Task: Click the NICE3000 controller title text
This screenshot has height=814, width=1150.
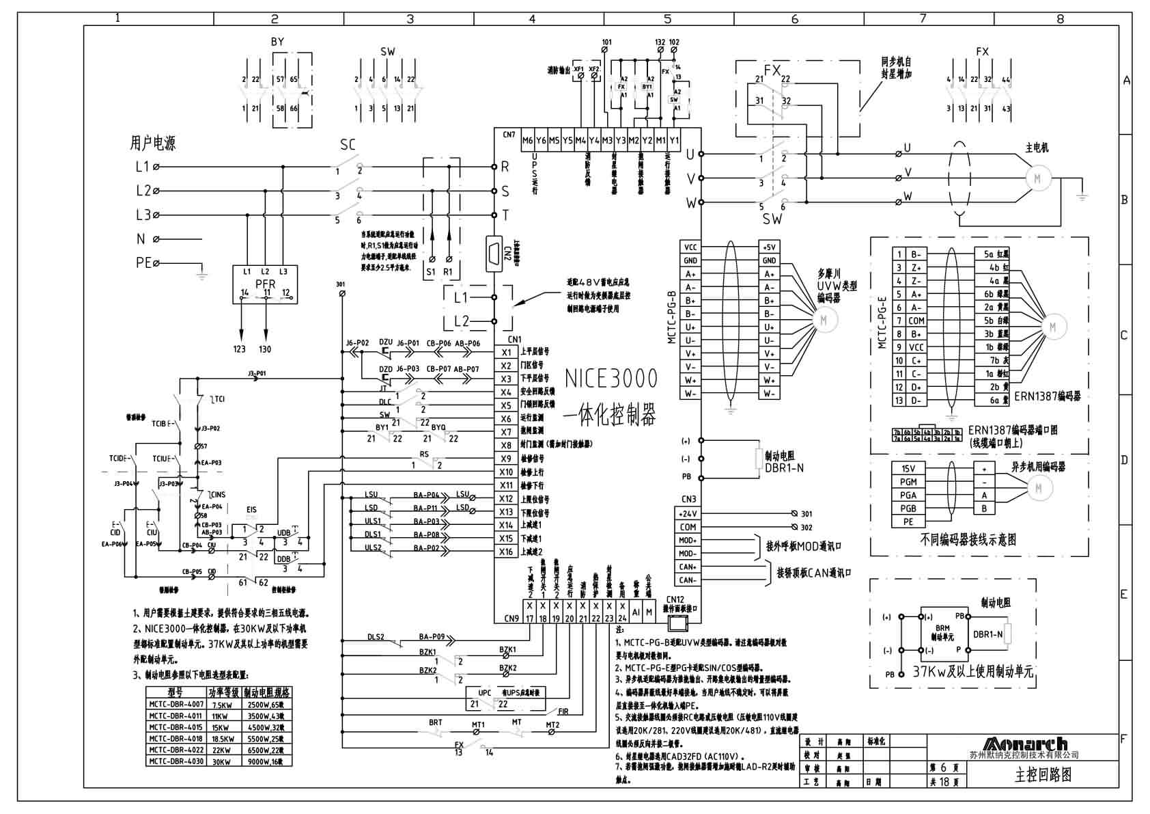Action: [x=611, y=379]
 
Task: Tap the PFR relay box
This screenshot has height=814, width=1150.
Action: [x=265, y=284]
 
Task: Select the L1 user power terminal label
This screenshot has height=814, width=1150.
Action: [x=142, y=166]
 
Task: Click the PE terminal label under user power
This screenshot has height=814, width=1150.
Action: [x=143, y=262]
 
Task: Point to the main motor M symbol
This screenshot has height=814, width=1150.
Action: [x=1037, y=178]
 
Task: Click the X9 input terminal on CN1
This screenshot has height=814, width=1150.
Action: [x=506, y=459]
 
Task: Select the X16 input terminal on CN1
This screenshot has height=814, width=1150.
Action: [x=506, y=552]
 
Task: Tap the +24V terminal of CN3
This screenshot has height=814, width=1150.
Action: [x=688, y=513]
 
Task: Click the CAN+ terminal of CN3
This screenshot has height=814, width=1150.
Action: [x=688, y=567]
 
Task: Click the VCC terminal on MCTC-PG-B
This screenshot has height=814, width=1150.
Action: [x=690, y=247]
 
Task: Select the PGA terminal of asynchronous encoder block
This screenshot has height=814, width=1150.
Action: [x=908, y=495]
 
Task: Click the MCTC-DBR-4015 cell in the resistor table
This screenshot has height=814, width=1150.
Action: [x=176, y=727]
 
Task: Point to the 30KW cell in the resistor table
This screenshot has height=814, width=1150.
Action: [x=222, y=761]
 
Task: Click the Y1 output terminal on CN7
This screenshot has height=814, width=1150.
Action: [x=674, y=141]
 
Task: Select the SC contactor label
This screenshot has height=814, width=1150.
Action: [x=348, y=144]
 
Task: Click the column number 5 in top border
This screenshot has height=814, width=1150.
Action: [x=668, y=18]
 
